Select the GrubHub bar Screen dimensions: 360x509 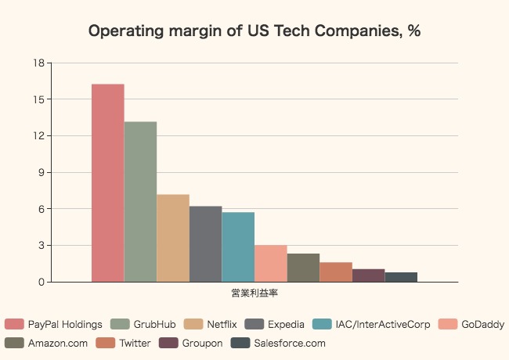click(140, 201)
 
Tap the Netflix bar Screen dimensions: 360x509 click(173, 238)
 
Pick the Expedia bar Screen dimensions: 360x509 click(205, 243)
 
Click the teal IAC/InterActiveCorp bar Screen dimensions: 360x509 click(238, 247)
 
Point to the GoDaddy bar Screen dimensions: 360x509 click(271, 263)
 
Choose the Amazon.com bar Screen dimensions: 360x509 click(303, 268)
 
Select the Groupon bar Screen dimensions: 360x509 click(368, 275)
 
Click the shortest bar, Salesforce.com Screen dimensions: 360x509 click(401, 277)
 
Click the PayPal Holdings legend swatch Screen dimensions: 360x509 click(14, 324)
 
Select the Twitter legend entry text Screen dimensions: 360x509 click(135, 343)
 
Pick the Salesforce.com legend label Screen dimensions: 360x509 click(290, 343)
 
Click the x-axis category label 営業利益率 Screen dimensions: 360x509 click(254, 293)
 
